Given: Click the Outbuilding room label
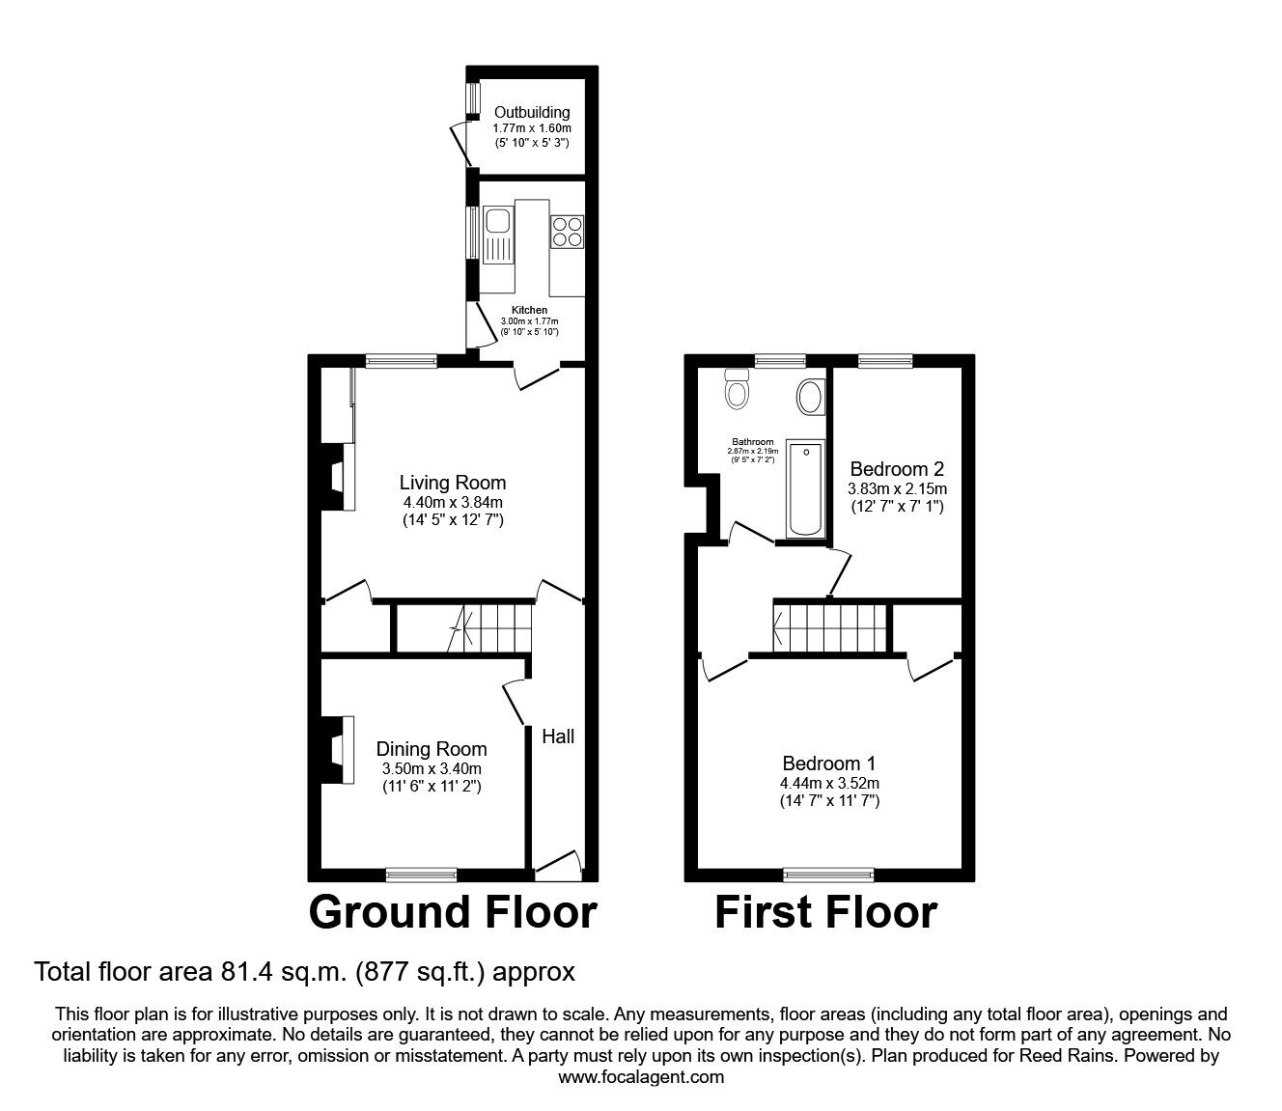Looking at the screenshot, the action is (532, 112).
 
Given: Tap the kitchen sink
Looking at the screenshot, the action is (498, 236).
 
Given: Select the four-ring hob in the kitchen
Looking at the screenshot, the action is (567, 232).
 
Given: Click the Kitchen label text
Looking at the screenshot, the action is (529, 310).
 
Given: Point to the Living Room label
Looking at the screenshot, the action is (452, 483).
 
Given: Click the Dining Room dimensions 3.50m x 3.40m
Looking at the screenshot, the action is (432, 769).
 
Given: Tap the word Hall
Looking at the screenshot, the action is (558, 736).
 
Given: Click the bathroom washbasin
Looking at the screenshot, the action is (811, 397).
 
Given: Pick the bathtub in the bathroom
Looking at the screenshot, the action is (806, 488).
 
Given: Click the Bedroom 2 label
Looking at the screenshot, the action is (897, 469).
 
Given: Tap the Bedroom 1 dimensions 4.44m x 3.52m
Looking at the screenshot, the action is (829, 784).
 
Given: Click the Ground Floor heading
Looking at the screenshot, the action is (453, 912).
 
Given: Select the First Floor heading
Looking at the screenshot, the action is (826, 912).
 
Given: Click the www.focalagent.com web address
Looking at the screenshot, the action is (641, 1077).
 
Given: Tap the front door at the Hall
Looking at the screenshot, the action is (558, 867).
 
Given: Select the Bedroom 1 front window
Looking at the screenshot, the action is (828, 875).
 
